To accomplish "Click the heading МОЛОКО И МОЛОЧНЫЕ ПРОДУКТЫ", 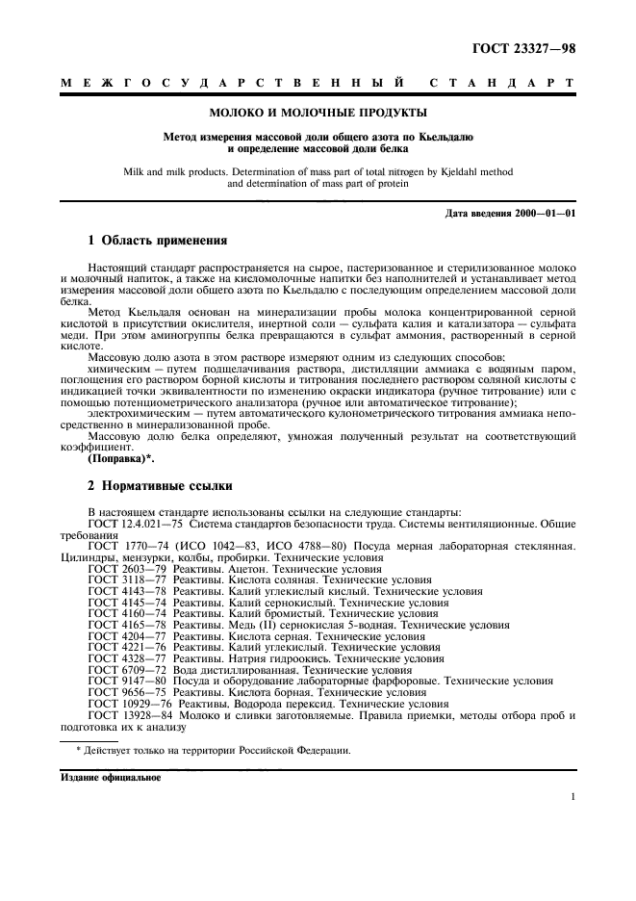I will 318,113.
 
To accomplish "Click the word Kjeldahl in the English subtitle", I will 456,170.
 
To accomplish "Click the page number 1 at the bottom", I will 572,796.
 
